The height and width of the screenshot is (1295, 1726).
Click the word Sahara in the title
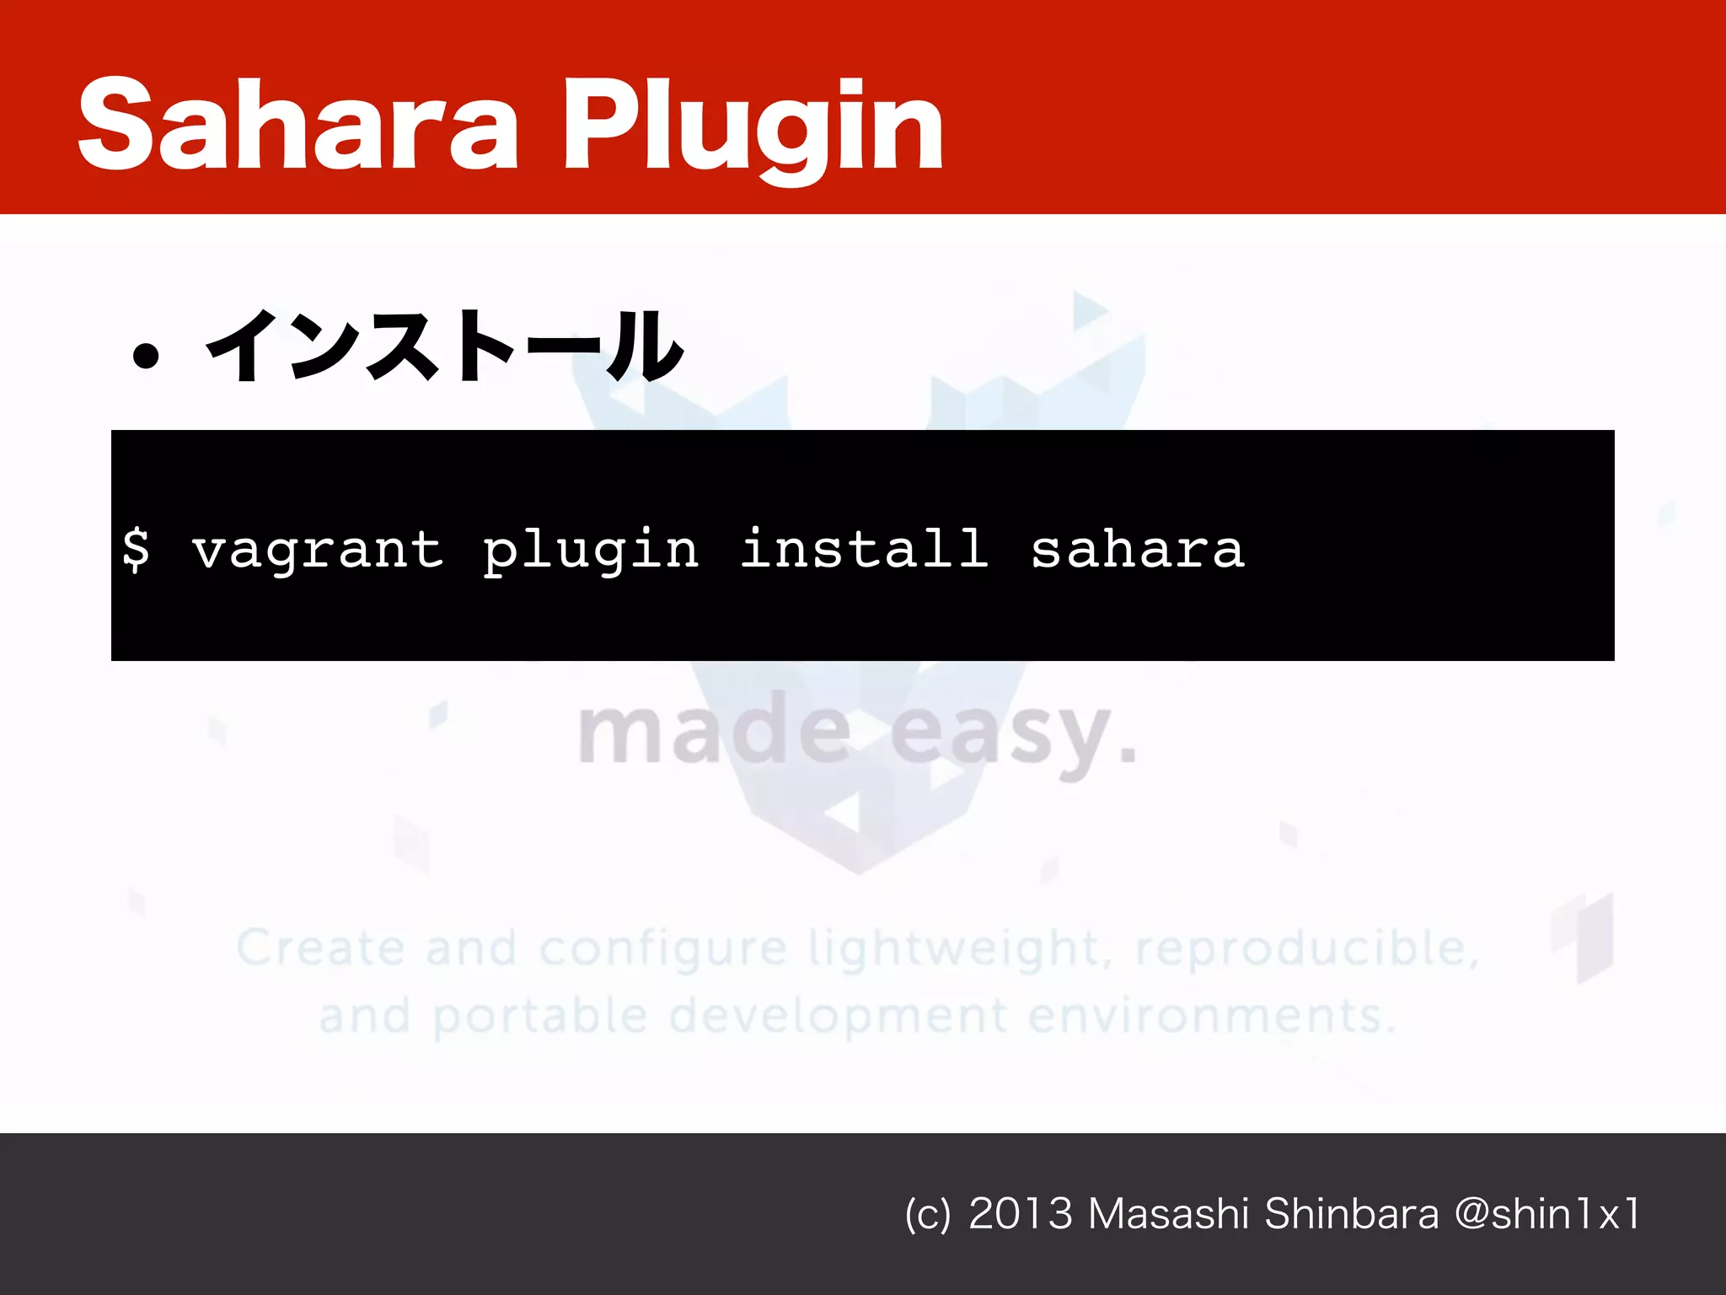[x=297, y=124]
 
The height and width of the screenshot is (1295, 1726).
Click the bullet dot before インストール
[x=146, y=356]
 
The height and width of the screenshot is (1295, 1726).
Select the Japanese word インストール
[x=444, y=346]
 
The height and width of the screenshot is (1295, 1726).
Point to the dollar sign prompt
[x=136, y=550]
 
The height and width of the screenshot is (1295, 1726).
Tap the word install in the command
[x=864, y=548]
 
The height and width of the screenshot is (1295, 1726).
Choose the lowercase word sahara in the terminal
[x=1138, y=550]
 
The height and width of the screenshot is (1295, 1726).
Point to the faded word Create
[x=319, y=948]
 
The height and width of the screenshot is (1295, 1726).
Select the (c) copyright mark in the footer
[x=927, y=1215]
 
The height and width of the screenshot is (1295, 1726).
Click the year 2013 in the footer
[x=1021, y=1214]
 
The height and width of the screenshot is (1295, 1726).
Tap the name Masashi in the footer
[x=1168, y=1214]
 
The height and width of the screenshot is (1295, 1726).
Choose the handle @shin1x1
[x=1547, y=1214]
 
